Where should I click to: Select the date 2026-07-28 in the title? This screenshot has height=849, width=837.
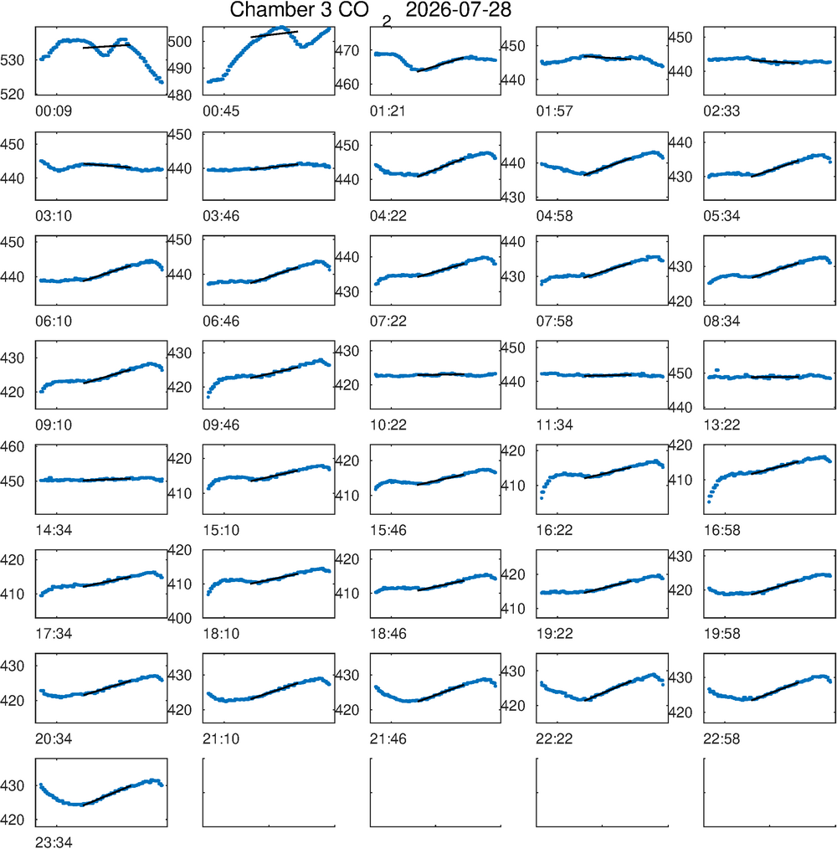(459, 9)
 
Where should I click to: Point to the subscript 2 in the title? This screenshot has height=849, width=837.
(386, 22)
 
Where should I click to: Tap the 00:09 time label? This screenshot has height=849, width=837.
(54, 111)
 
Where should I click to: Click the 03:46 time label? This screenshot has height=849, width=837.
(221, 216)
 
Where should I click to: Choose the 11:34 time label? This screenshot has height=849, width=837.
(554, 425)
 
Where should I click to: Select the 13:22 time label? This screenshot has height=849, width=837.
(721, 425)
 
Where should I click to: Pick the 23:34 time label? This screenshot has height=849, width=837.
(54, 842)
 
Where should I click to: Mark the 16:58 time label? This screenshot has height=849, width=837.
(721, 530)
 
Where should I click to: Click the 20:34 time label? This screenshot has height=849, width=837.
(54, 738)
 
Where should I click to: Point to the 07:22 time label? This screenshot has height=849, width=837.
(388, 321)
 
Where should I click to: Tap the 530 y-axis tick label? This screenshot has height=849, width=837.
(13, 60)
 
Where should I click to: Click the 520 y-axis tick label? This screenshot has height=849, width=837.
(13, 95)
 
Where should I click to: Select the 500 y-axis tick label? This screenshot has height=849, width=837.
(180, 41)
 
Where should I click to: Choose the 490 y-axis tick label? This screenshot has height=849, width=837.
(180, 68)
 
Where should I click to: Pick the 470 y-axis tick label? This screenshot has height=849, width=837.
(347, 50)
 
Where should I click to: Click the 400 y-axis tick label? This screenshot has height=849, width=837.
(180, 618)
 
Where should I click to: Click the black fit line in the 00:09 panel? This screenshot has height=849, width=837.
(106, 46)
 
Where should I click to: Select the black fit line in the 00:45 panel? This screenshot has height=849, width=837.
(274, 34)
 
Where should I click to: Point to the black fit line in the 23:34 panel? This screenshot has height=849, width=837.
(106, 795)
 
